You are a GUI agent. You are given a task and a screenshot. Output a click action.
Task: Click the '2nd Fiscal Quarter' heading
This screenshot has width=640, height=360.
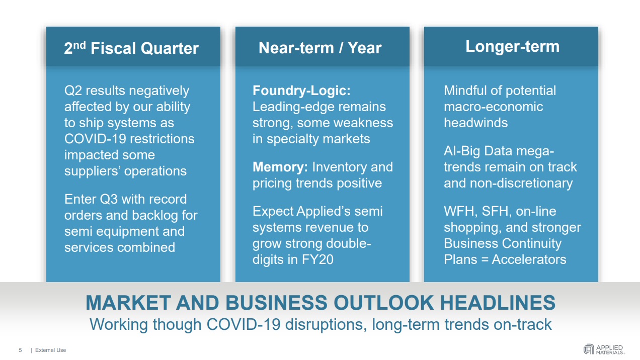pos(131,48)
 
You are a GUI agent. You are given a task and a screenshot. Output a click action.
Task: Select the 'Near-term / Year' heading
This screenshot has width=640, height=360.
pos(320,47)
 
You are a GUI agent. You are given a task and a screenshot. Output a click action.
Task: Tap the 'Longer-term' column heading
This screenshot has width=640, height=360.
pos(512,47)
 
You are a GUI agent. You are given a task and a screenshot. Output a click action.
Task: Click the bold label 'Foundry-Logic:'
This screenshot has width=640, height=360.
pos(301,91)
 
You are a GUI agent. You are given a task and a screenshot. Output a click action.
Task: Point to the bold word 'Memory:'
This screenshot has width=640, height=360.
pos(280,167)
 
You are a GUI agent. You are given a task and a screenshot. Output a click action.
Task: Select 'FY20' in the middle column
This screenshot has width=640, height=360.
pos(317,259)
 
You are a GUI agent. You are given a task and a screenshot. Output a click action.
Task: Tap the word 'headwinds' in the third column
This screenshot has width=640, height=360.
pos(475,123)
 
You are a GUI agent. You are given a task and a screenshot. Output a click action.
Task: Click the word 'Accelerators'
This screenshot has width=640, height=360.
pos(529,259)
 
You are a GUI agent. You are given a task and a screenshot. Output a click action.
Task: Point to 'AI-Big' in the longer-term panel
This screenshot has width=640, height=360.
pos(462,151)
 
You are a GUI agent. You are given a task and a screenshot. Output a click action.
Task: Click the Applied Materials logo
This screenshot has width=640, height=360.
pos(604,349)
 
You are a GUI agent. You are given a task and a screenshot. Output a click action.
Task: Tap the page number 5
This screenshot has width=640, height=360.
pos(20,350)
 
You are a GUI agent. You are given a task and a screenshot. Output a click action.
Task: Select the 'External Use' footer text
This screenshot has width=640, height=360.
pos(51,350)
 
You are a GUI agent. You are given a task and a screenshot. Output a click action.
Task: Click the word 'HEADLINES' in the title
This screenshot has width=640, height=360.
pos(498,302)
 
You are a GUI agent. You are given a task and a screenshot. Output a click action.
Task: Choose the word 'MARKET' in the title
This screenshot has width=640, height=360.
pos(128,302)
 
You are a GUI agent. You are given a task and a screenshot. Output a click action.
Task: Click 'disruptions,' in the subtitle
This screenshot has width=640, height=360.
pos(326,325)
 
